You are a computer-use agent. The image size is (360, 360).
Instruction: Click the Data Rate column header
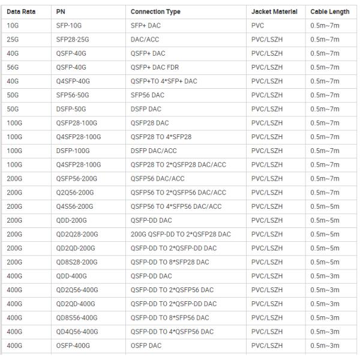pos(21,12)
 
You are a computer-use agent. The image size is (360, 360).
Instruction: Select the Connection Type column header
pos(155,12)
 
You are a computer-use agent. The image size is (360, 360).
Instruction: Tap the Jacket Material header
pos(274,12)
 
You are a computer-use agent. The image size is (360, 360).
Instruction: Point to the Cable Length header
pos(330,12)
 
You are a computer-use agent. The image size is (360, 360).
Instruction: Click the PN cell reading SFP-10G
pos(70,26)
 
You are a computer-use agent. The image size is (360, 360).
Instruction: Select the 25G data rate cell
pos(13,40)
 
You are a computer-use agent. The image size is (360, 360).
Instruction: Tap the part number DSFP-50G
pos(71,109)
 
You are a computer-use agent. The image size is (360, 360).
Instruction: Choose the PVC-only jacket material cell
pos(257,26)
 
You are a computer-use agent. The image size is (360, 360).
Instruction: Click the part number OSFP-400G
pos(71,345)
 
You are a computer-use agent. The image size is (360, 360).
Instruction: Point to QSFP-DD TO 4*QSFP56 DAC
pos(172,331)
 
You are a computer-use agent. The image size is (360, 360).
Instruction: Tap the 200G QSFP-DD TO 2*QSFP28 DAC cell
pos(181,234)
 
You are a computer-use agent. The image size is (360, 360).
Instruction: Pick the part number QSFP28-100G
pos(74,123)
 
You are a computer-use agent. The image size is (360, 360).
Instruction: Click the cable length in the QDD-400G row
pos(325,276)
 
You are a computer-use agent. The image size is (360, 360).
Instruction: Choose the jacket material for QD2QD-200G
pos(266,248)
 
